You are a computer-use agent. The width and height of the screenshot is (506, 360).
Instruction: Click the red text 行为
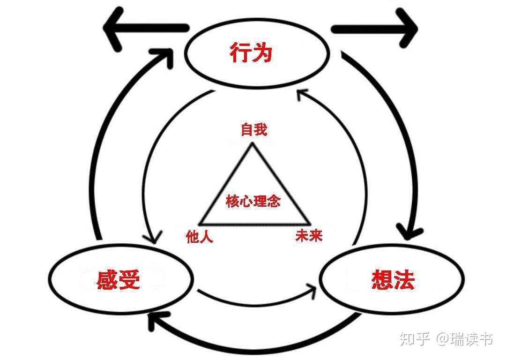tap(251, 53)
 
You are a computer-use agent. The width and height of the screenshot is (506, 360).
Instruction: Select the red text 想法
tap(393, 280)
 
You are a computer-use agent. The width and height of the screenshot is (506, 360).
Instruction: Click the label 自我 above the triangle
tap(253, 130)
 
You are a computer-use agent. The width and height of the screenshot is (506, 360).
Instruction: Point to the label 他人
tap(200, 236)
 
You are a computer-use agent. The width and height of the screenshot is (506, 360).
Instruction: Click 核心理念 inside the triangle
tap(253, 202)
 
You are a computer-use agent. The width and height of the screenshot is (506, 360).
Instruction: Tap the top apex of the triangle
tap(253, 144)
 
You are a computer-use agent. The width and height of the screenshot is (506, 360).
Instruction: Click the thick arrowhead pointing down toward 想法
tap(409, 232)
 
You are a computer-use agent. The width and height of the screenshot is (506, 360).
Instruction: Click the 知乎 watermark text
tap(414, 338)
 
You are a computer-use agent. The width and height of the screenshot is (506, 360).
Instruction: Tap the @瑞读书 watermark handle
tap(464, 338)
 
